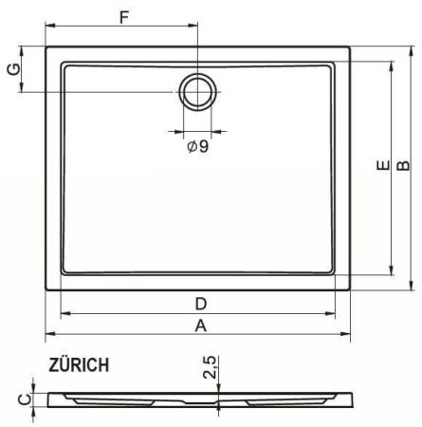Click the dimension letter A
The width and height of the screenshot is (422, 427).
pos(200,326)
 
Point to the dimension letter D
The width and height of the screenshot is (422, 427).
pos(200,304)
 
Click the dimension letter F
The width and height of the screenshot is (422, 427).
pos(121,17)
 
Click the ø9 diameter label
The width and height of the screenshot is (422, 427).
pos(197,145)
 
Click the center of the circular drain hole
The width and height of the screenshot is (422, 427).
pos(197,91)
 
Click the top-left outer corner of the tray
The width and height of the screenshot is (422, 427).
pos(46,45)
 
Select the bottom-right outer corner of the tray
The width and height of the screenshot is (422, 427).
pos(354,290)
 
